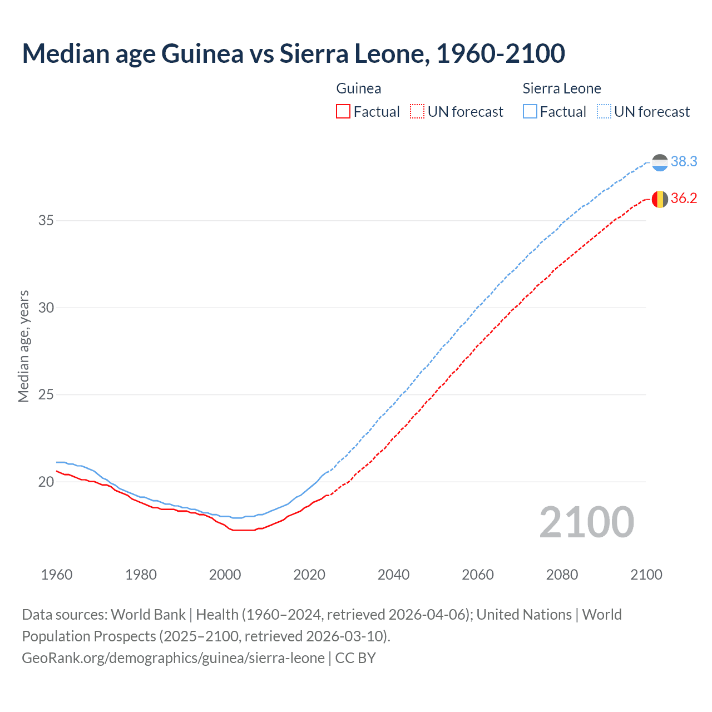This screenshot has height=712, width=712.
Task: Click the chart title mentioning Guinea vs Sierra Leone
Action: (x=293, y=53)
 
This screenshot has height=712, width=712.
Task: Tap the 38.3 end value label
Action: (x=684, y=161)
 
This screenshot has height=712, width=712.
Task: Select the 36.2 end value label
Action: (x=684, y=198)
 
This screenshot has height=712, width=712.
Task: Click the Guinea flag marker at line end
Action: (x=660, y=199)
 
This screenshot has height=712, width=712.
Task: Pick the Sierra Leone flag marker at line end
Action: (x=660, y=162)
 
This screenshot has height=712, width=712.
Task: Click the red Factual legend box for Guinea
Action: (x=343, y=111)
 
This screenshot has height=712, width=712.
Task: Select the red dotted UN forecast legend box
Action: (x=417, y=111)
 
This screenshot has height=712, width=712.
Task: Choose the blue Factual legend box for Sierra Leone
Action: (x=530, y=111)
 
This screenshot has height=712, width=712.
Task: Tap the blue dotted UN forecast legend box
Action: (x=604, y=111)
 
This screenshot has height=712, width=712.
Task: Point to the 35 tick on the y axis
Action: (x=46, y=220)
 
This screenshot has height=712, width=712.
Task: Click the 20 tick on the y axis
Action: (x=46, y=482)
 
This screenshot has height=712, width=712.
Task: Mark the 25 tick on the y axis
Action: (x=46, y=395)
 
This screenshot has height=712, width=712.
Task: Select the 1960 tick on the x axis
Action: (x=57, y=575)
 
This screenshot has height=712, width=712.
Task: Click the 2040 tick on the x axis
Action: (x=393, y=575)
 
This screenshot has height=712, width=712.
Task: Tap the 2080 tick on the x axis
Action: (x=562, y=575)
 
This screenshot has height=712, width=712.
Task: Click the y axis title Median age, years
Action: (x=23, y=346)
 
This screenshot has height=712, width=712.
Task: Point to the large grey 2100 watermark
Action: (x=586, y=522)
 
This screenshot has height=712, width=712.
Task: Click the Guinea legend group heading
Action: (x=359, y=88)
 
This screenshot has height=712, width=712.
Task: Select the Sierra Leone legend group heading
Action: (x=562, y=88)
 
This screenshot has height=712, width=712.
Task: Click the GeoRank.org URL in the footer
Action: (x=173, y=658)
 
